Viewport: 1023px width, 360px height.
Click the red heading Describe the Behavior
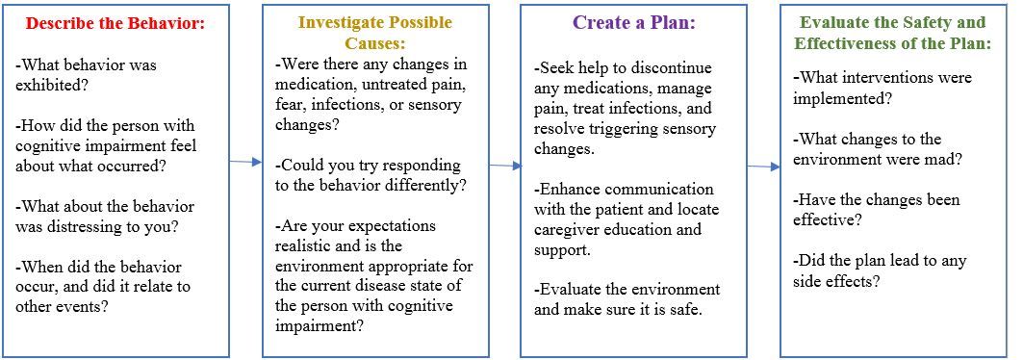coord(115,23)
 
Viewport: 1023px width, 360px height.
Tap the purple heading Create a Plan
coord(634,23)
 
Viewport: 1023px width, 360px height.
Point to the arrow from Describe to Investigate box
coord(245,162)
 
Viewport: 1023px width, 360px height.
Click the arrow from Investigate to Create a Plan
coord(505,166)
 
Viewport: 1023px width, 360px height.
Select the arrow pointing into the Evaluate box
coord(763,167)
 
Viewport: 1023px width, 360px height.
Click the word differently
coord(426,185)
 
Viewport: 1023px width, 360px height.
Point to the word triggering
coord(642,128)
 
